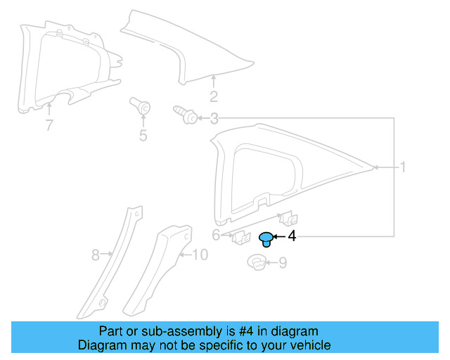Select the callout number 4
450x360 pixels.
292,237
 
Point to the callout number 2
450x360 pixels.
214,97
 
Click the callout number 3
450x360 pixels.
214,119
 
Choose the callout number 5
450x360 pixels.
143,135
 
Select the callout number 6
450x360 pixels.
216,235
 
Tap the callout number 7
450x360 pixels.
49,126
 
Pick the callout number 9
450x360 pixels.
283,264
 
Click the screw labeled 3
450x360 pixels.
184,115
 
